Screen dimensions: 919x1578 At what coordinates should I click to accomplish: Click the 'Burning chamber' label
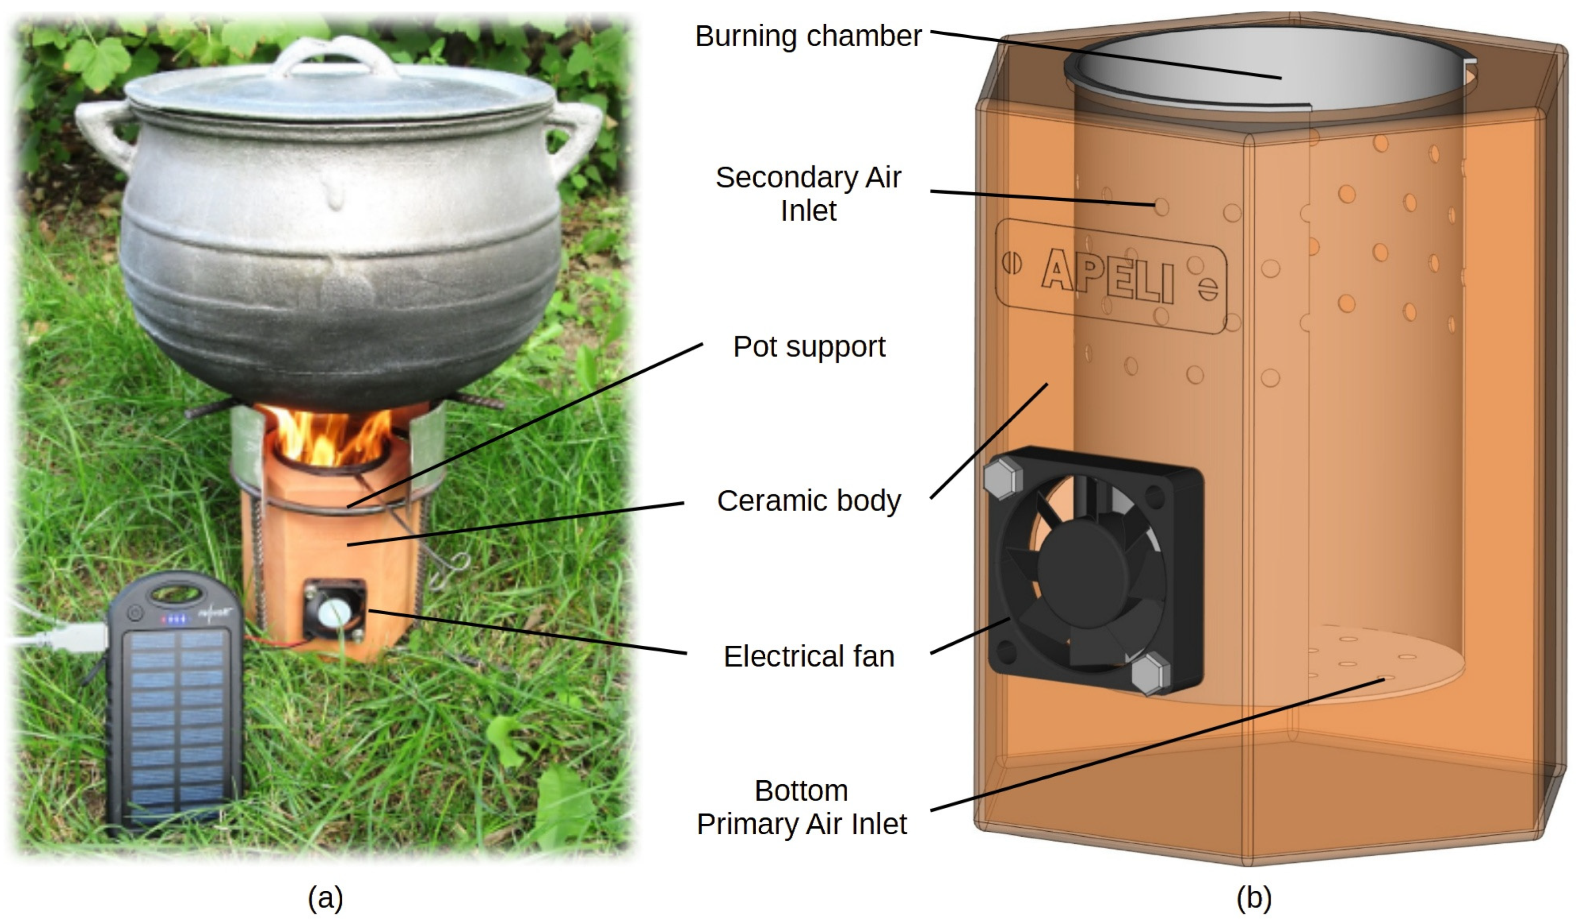[808, 36]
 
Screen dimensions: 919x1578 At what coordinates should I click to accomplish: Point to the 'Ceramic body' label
[808, 501]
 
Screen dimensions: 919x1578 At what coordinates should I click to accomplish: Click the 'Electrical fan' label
[808, 657]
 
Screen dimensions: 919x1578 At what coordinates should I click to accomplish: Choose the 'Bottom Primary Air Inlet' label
[801, 807]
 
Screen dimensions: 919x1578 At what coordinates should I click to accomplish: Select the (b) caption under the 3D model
[1254, 898]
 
